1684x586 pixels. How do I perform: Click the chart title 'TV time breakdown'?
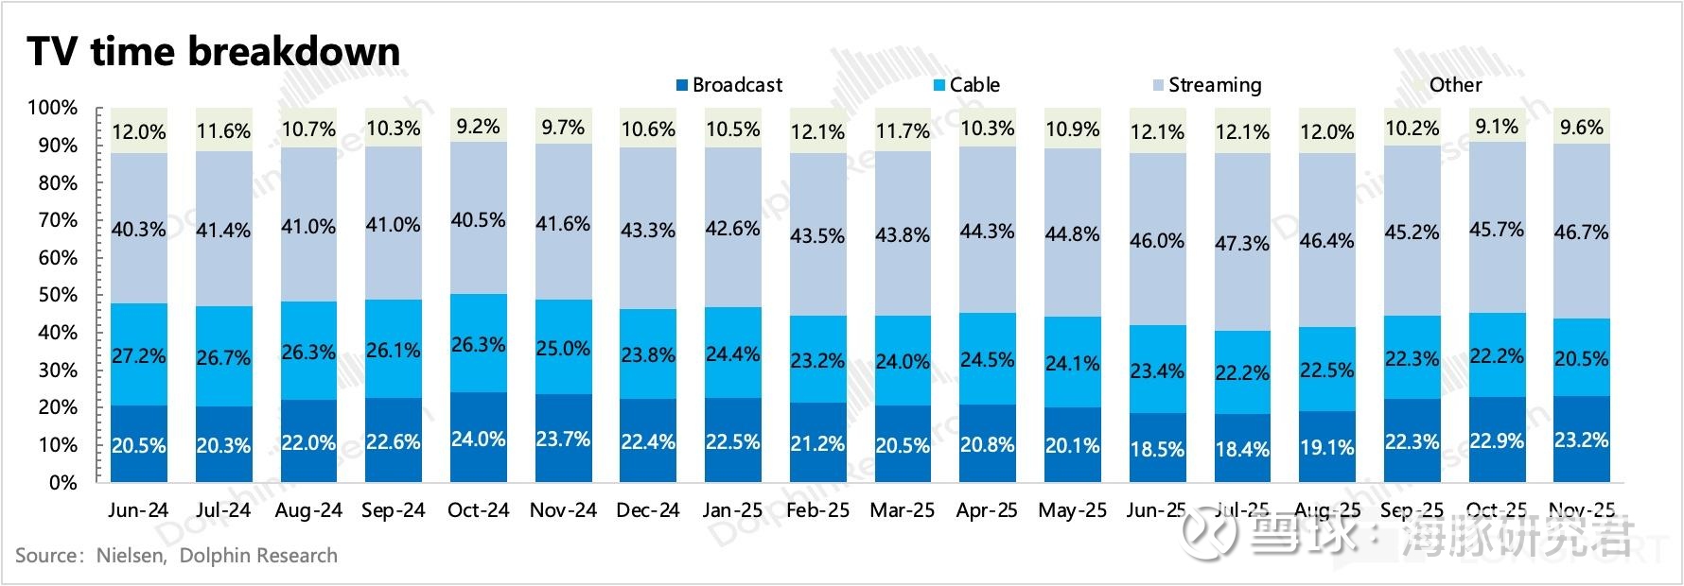(x=214, y=52)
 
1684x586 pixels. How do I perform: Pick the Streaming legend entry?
(x=1205, y=85)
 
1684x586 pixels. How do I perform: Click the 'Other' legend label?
(x=1455, y=85)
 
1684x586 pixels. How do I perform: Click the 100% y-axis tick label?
(x=53, y=108)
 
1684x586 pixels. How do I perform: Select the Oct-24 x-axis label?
(x=478, y=510)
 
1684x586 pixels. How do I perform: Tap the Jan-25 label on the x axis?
(x=732, y=510)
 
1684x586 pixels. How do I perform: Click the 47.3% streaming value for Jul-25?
(x=1242, y=243)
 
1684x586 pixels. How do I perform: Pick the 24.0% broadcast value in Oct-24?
(x=478, y=439)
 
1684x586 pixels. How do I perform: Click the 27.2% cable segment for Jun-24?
(x=139, y=355)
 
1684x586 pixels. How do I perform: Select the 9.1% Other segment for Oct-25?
(x=1497, y=126)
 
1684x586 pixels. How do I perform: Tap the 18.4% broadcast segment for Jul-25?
(x=1242, y=449)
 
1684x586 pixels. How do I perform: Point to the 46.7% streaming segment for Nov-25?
(x=1582, y=231)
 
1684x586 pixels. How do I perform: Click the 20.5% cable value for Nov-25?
(x=1582, y=359)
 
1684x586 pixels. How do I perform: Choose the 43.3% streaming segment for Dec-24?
(x=648, y=230)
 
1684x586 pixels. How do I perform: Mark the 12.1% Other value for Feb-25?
(x=817, y=131)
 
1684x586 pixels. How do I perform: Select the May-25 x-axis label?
(x=1072, y=510)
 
